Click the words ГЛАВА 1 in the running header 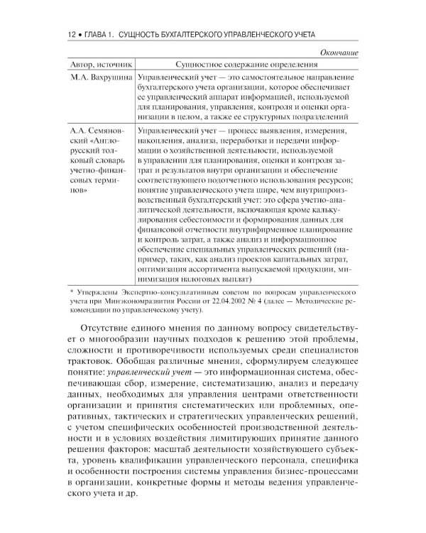click(x=94, y=34)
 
